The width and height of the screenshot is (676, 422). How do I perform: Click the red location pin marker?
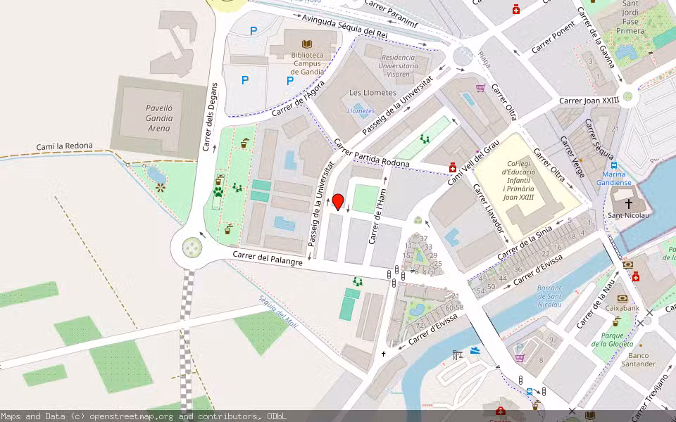(338, 202)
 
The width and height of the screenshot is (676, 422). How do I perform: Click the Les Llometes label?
(373, 93)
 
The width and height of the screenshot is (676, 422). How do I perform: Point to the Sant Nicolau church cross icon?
(628, 203)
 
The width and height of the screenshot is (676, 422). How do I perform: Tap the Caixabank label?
(622, 308)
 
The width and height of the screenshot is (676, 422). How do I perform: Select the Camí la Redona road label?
(64, 147)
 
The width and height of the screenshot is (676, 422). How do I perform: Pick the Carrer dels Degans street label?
(209, 116)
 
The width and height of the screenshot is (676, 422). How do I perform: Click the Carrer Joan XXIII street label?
(589, 101)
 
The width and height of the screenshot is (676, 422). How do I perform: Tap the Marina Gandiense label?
(614, 179)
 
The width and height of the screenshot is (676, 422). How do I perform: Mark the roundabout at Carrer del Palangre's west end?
(192, 247)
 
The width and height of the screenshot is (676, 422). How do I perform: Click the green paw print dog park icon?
(218, 191)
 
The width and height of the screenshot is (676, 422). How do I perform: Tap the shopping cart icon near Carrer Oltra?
(481, 88)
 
